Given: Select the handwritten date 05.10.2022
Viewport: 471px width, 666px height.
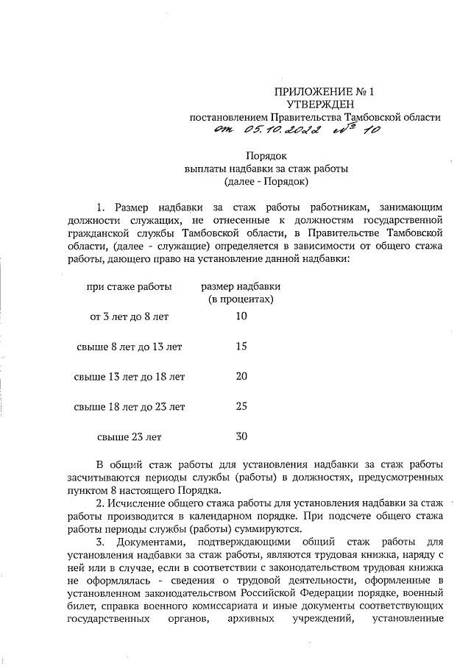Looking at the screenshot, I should (278, 132).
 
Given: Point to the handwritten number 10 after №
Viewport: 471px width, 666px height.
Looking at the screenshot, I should (371, 132).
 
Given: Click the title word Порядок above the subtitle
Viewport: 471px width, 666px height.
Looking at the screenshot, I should (266, 155).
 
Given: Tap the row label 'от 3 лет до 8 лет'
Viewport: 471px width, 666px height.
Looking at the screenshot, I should (129, 316).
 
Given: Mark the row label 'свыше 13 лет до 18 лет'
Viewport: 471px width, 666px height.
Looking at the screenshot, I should (130, 377).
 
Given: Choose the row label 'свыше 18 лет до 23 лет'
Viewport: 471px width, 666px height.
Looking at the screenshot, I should (130, 406).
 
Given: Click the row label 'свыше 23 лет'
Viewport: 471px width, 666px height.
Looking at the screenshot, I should (130, 436).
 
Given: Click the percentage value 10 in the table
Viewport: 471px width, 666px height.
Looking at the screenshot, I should (241, 316).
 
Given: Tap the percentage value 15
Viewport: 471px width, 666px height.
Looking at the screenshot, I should (241, 346).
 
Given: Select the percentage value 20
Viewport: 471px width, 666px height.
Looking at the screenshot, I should (241, 376).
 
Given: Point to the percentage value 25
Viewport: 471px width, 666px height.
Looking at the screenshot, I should (241, 405).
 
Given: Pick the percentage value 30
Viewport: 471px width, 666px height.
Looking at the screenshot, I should (241, 436).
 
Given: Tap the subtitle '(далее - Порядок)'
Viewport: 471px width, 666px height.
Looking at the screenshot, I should (266, 180).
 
